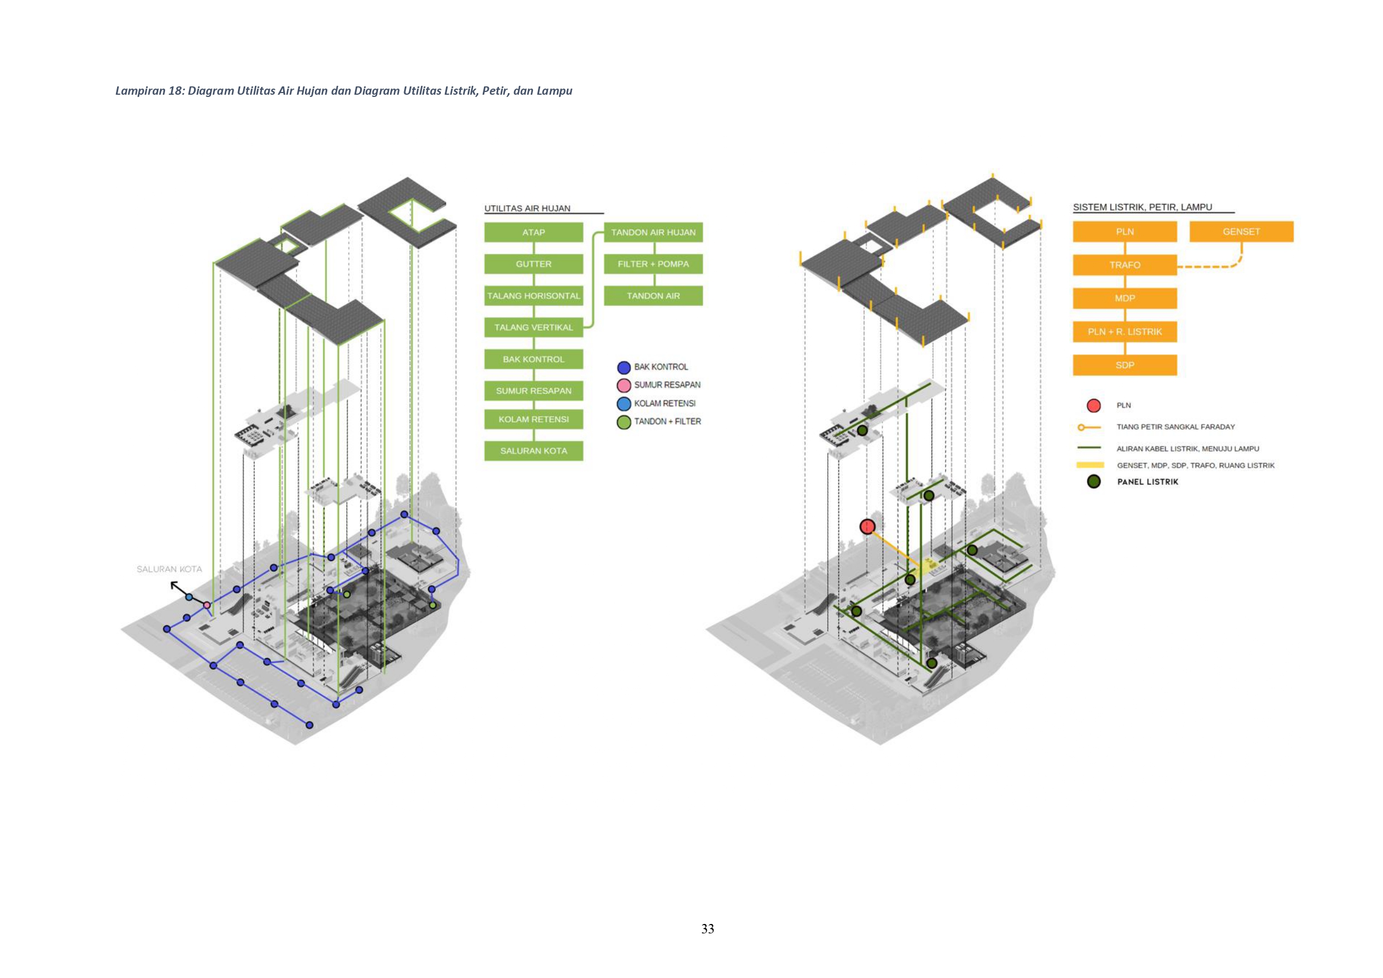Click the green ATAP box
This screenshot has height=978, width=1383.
coord(533,232)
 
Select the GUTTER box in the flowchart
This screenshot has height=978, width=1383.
coord(533,264)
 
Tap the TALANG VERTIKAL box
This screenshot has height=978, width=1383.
coord(533,328)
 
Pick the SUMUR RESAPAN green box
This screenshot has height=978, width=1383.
coord(533,391)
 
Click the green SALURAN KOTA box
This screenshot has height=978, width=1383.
coord(533,451)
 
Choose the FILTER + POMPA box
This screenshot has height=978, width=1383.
coord(653,264)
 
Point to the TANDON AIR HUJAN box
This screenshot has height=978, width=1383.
coord(653,232)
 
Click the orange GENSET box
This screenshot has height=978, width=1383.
coord(1241,232)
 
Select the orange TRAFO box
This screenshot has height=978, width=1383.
coord(1124,265)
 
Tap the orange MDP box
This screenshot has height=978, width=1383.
coord(1124,298)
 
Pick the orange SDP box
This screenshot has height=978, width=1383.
coord(1124,365)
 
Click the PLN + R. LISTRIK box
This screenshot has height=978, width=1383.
coord(1124,332)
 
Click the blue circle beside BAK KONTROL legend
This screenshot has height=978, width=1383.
coord(624,367)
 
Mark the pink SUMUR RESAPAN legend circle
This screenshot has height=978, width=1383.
coord(624,386)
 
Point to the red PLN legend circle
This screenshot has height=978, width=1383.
coord(1094,405)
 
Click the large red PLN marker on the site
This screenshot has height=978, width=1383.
coord(867,527)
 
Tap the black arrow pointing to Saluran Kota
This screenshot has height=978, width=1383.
coord(177,586)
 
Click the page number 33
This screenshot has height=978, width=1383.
coord(708,928)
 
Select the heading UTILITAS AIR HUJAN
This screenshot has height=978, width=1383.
coord(527,208)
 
